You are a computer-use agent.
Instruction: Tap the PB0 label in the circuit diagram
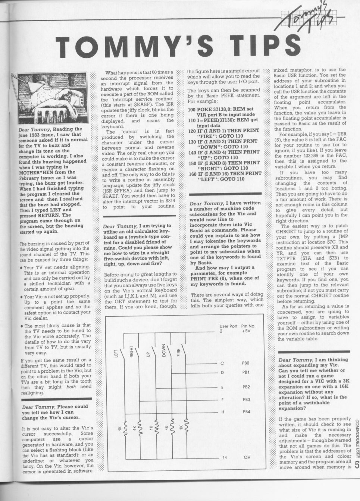[245, 363]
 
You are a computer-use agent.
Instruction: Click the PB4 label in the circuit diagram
[246, 411]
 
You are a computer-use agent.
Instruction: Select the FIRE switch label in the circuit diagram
[178, 352]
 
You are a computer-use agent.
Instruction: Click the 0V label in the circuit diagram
[247, 457]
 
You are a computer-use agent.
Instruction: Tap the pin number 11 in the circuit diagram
[225, 457]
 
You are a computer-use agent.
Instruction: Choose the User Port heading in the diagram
[228, 326]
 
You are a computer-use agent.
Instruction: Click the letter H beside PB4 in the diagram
[222, 412]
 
